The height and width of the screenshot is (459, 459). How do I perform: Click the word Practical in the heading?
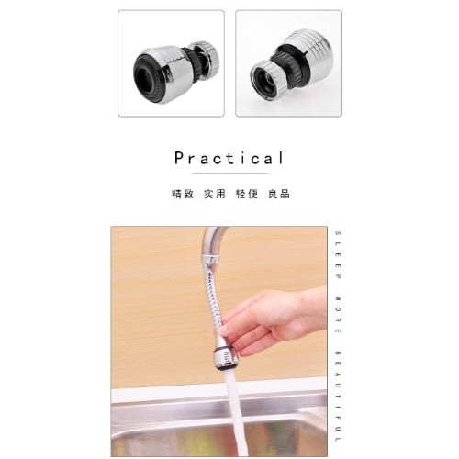229,158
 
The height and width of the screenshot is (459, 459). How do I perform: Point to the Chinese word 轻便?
246,195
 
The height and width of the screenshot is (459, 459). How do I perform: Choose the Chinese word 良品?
279,195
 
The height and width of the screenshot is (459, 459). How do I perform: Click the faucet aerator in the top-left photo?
170,63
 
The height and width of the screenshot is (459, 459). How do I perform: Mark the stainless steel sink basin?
165,422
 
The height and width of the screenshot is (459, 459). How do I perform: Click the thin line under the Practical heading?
229,173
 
